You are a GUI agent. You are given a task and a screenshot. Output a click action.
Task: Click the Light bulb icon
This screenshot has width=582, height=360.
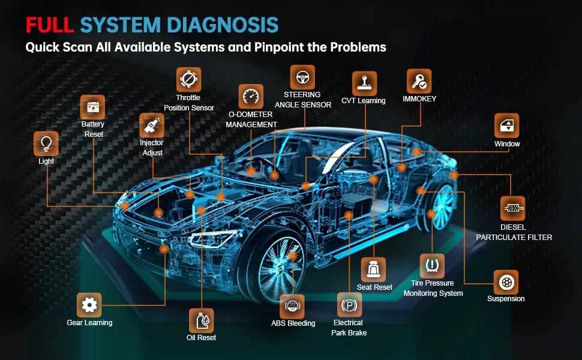pyautogui.click(x=46, y=144)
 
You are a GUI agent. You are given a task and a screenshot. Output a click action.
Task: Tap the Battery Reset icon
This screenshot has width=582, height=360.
pyautogui.click(x=92, y=107)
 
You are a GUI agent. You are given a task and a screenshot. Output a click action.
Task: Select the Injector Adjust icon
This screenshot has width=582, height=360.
pyautogui.click(x=151, y=125)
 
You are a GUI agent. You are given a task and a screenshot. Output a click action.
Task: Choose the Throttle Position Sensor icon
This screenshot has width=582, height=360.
pyautogui.click(x=188, y=79)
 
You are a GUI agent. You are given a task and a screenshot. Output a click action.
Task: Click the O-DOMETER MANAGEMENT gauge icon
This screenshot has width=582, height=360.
pyautogui.click(x=251, y=96)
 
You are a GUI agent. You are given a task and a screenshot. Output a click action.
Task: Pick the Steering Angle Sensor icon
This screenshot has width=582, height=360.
pyautogui.click(x=302, y=77)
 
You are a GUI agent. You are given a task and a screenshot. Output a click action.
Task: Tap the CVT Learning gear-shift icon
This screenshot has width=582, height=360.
pyautogui.click(x=364, y=83)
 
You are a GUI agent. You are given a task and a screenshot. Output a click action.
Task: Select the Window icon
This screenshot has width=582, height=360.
pyautogui.click(x=506, y=125)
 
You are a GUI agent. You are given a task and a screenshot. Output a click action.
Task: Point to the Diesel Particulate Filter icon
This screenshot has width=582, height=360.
pyautogui.click(x=512, y=208)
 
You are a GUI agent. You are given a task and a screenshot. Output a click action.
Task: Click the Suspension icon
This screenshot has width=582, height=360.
pyautogui.click(x=506, y=281)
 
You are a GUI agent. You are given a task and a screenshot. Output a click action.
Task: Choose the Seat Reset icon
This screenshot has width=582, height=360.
pyautogui.click(x=374, y=269)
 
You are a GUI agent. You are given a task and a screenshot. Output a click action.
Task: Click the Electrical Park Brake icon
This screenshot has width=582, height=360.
pyautogui.click(x=349, y=305)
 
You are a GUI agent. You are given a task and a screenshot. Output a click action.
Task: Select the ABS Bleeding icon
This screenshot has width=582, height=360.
pyautogui.click(x=292, y=306)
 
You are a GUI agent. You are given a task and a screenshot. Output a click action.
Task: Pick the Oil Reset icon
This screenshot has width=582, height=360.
pyautogui.click(x=201, y=320)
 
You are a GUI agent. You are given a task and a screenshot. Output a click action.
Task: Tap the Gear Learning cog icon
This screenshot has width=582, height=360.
pyautogui.click(x=89, y=305)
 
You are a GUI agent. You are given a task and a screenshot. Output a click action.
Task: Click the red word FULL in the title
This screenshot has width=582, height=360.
pyautogui.click(x=50, y=25)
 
